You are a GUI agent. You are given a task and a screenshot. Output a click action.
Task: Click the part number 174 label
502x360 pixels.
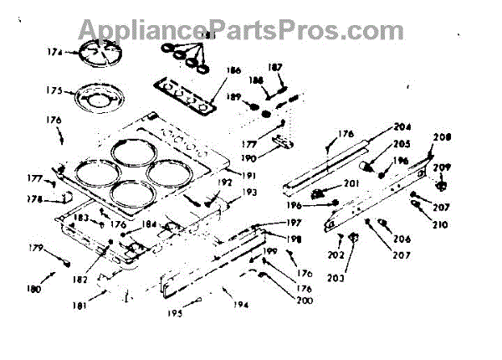tap(54, 53)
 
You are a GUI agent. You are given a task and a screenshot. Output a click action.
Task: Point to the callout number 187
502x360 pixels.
tap(274, 67)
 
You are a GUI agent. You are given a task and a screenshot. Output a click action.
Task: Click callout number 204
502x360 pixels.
tap(404, 128)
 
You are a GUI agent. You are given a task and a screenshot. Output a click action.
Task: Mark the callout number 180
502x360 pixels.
tap(33, 290)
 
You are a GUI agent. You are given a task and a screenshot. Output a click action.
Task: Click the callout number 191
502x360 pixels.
tap(246, 174)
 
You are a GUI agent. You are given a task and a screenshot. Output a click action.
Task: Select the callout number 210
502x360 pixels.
tap(441, 224)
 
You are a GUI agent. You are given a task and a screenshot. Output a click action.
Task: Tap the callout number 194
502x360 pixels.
tap(242, 305)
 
